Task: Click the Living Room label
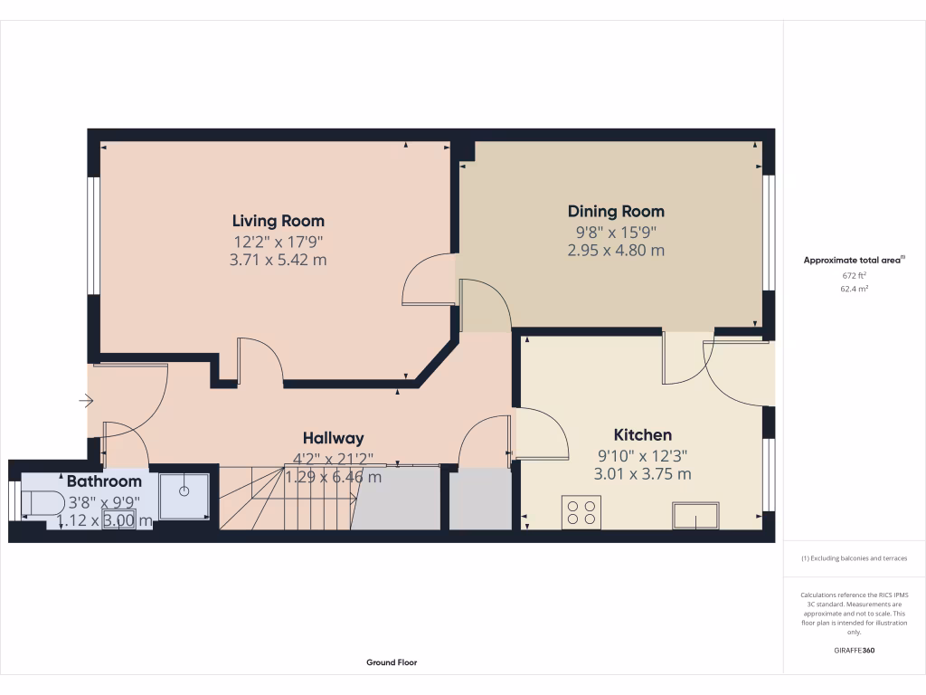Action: tap(278, 221)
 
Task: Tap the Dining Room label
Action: tap(616, 211)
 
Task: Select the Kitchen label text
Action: tap(642, 435)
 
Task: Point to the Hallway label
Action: tap(333, 438)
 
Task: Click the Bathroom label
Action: tap(104, 481)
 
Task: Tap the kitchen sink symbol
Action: tap(695, 517)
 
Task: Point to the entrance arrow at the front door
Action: tap(87, 400)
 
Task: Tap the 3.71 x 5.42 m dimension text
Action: tap(278, 260)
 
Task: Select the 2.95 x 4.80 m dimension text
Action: tap(616, 250)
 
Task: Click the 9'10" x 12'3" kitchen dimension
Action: tap(642, 456)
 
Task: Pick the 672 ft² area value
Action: tap(854, 275)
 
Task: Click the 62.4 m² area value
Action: tap(854, 289)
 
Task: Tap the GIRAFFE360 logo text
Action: tap(854, 651)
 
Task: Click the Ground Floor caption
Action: tap(392, 662)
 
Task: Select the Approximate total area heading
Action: tap(853, 260)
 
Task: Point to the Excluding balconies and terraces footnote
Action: tap(854, 558)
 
